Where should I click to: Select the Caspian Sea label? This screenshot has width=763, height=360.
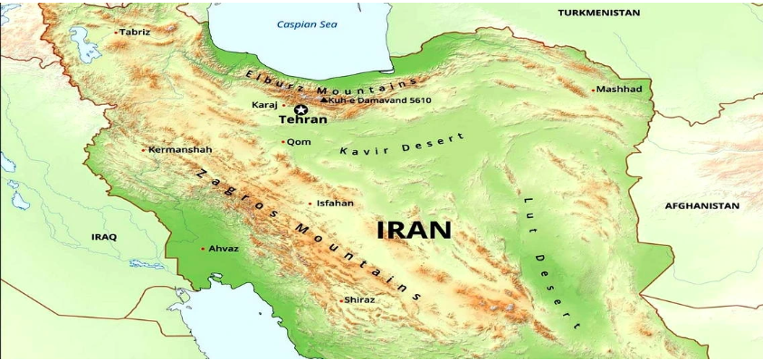306,24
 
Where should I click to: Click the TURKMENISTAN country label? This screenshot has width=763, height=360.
598,13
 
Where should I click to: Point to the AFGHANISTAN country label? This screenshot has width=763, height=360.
701,206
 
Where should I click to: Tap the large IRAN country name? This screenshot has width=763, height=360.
414,230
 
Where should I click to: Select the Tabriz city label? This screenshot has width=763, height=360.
136,32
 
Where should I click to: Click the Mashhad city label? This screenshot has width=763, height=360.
621,90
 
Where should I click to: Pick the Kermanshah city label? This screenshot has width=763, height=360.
180,149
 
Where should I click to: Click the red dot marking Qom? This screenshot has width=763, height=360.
283,142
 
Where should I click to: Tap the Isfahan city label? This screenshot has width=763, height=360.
335,204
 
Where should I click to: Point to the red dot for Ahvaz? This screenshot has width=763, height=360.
203,248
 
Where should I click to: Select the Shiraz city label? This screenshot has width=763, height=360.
359,300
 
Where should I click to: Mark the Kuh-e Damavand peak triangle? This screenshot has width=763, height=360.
324,99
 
